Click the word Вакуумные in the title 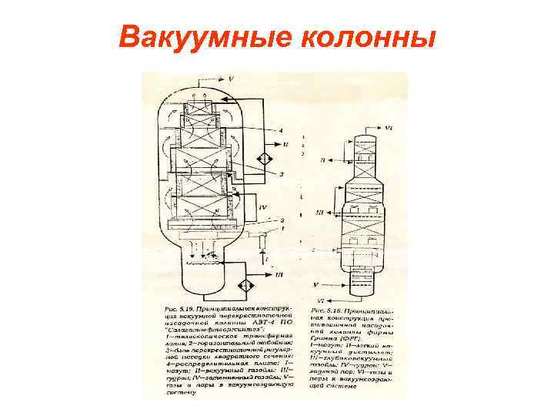coord(192,36)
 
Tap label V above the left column coord(231,79)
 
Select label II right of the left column coord(286,145)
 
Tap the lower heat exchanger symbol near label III coord(245,285)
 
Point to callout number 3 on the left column coord(282,176)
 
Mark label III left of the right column coord(319,211)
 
